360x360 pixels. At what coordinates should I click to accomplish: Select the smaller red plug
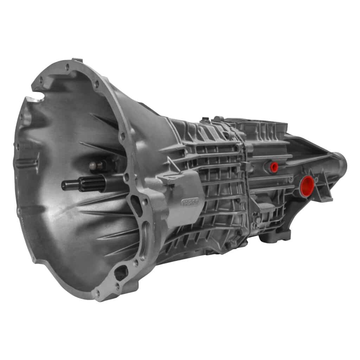tap(274, 167)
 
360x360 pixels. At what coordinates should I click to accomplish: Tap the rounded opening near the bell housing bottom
tap(121, 272)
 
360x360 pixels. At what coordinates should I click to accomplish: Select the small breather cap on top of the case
tap(205, 120)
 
